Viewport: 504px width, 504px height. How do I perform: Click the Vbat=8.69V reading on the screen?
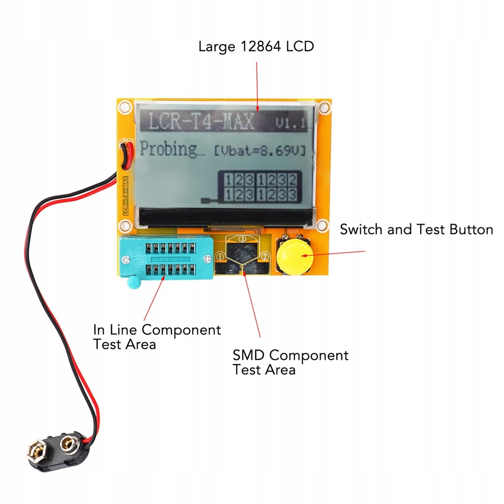pos(259,150)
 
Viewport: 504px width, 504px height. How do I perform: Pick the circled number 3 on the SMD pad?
pos(242,238)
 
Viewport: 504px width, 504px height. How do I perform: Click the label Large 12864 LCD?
pos(256,47)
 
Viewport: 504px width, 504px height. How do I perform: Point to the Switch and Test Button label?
pos(416,229)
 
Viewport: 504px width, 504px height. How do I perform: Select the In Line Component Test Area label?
pos(157,337)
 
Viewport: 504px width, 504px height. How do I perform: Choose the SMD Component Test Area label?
pos(290,362)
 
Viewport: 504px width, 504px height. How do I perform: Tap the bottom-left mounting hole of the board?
pos(125,225)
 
